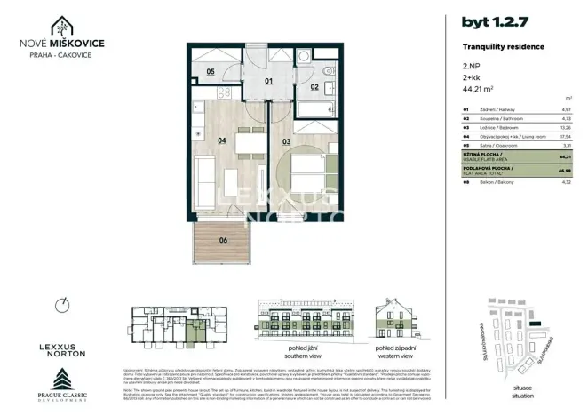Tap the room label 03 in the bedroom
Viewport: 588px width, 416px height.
(287, 140)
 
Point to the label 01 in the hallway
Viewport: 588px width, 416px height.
(270, 80)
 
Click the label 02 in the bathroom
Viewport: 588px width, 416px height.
(314, 87)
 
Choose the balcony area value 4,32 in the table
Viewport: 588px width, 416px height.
(565, 183)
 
